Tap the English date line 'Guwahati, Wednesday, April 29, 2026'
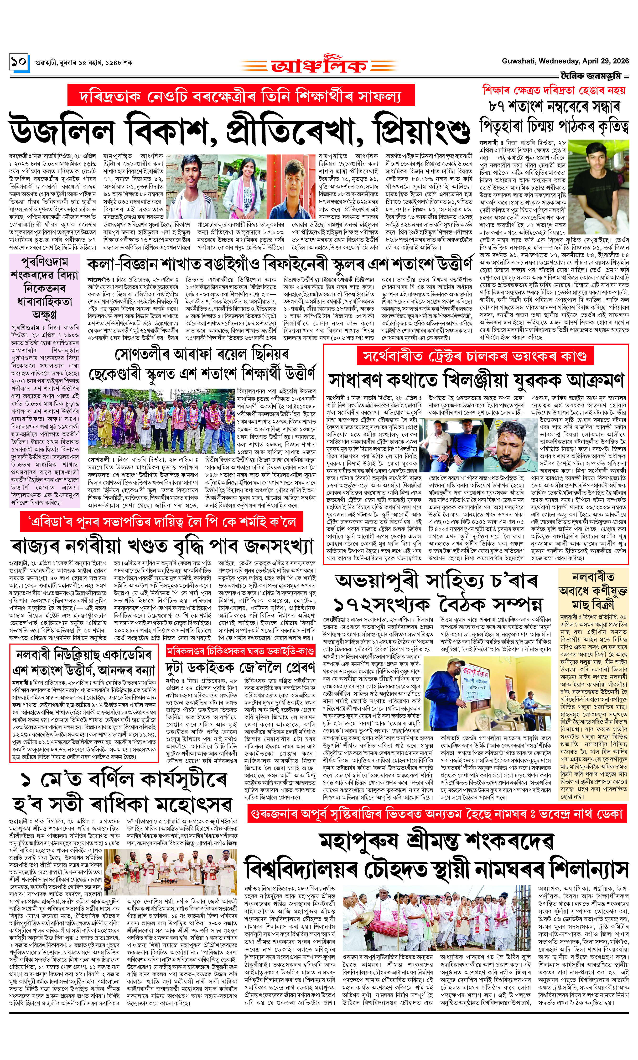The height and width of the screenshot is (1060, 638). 565,61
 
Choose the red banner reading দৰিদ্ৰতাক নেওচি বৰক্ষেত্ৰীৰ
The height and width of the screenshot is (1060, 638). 241,95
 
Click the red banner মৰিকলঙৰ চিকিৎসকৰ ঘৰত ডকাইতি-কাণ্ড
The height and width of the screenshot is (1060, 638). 241,651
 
